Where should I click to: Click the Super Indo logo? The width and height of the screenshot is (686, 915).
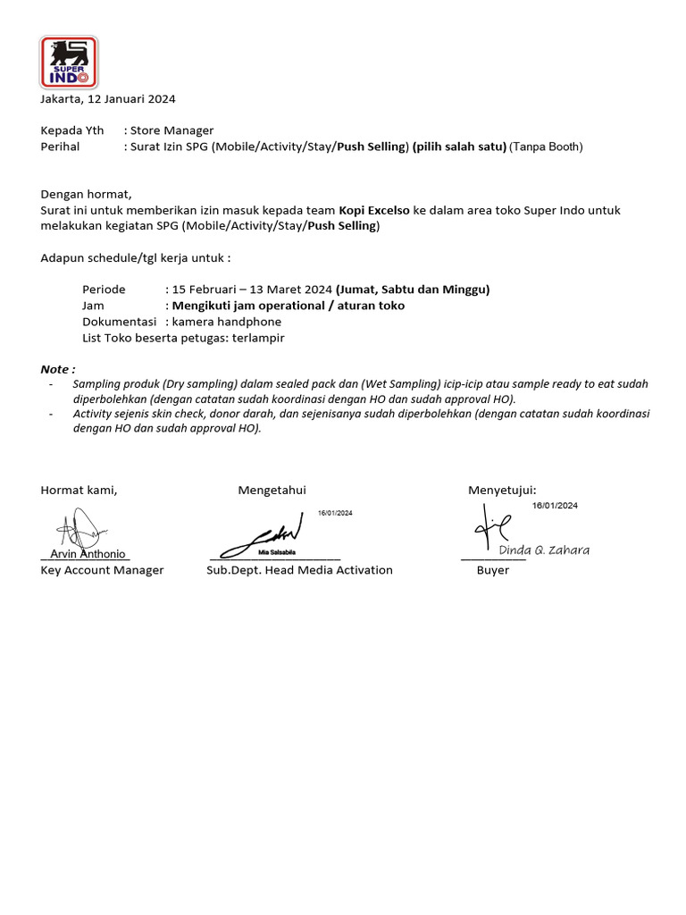click(x=69, y=62)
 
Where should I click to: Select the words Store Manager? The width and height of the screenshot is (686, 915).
click(x=171, y=130)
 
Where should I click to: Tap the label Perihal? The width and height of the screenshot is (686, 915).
click(x=60, y=147)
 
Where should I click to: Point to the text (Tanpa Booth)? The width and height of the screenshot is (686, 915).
click(x=546, y=147)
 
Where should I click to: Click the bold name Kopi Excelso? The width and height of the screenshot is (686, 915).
click(x=374, y=210)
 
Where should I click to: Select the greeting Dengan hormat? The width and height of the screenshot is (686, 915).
click(x=86, y=194)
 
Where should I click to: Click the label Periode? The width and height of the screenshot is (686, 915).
click(x=104, y=290)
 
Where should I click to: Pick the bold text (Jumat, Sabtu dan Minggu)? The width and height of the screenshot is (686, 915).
click(x=413, y=290)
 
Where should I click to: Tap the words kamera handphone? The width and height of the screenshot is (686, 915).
click(x=227, y=322)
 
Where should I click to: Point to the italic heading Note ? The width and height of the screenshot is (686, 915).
click(x=58, y=369)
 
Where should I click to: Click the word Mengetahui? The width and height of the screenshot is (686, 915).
click(x=272, y=490)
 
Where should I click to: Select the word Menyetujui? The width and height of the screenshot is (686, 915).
click(x=502, y=490)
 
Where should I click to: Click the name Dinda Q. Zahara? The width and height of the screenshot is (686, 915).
click(x=544, y=550)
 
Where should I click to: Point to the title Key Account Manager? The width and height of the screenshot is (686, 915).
click(x=102, y=570)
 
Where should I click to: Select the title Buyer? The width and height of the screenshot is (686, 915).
click(x=492, y=570)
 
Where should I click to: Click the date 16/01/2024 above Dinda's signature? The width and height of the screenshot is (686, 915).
click(x=555, y=506)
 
